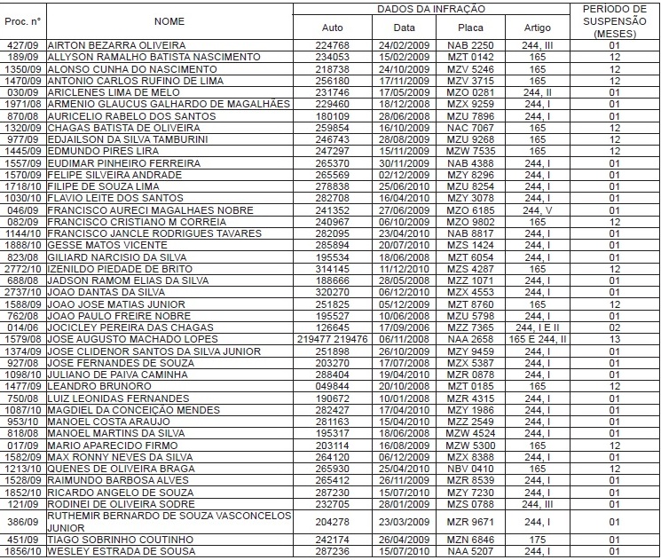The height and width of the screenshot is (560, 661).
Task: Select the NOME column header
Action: click(169, 20)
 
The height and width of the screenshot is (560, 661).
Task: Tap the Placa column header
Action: click(469, 28)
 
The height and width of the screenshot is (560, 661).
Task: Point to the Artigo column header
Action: click(537, 28)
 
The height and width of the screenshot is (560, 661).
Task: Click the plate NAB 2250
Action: click(469, 43)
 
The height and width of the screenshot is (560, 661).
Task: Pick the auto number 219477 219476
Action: click(332, 337)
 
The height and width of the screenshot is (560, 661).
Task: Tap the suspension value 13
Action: click(614, 337)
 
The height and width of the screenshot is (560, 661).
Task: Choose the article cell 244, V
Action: click(537, 209)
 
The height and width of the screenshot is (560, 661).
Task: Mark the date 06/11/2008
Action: click(404, 337)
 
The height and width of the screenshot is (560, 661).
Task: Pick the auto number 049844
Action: click(332, 386)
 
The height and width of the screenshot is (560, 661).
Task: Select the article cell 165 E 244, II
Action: click(537, 337)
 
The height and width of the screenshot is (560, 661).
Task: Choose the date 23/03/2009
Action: click(404, 522)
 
